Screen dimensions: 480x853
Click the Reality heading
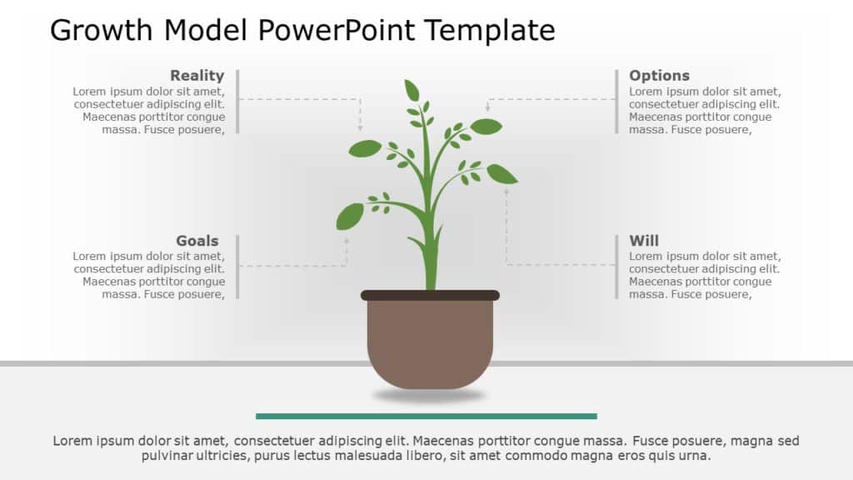tap(197, 76)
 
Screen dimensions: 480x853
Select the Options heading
tap(659, 76)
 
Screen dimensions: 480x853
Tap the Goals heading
tap(197, 241)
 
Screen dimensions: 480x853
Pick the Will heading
tap(644, 241)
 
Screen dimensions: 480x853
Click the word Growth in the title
tap(102, 30)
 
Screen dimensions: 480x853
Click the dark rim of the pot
tap(430, 295)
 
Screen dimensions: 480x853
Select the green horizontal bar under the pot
tap(426, 416)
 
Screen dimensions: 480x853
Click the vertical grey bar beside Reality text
tap(237, 101)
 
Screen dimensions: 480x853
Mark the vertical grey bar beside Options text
tap(616, 101)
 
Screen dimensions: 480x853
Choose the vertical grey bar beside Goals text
tap(237, 267)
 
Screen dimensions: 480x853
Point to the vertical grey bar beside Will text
tap(616, 267)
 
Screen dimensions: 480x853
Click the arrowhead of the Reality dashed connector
tap(360, 128)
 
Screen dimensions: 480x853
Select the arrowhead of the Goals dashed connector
tap(347, 240)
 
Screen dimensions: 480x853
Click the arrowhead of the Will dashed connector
tap(506, 191)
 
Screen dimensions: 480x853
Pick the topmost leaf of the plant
tap(412, 90)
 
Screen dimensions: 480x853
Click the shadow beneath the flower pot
tap(429, 395)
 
